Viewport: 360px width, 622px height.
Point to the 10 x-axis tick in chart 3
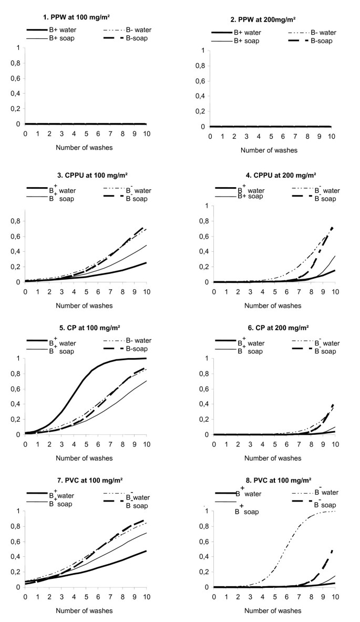pos(146,290)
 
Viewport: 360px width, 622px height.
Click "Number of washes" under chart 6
pos(272,457)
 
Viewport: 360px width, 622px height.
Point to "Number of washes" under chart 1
pos(84,148)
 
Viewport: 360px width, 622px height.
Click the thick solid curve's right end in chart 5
pos(146,358)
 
